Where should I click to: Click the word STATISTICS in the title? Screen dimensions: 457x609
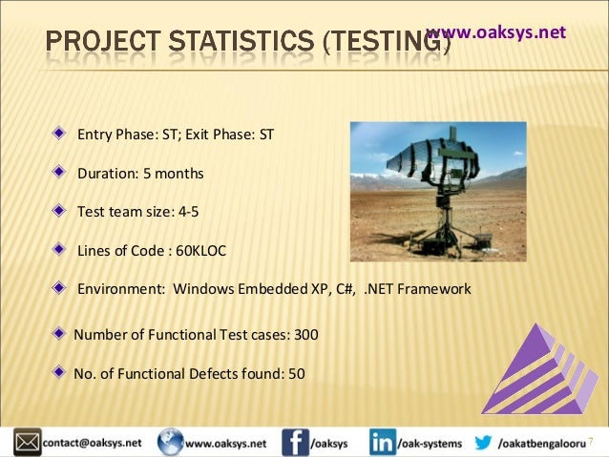click(235, 43)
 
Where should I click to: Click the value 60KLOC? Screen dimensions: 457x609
click(195, 251)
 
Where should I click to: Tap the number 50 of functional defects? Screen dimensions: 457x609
click(296, 373)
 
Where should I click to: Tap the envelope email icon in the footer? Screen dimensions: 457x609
click(27, 443)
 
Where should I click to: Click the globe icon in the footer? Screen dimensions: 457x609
click(170, 443)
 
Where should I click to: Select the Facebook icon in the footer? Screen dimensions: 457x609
click(295, 443)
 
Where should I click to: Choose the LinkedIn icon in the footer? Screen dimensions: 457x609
click(383, 443)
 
